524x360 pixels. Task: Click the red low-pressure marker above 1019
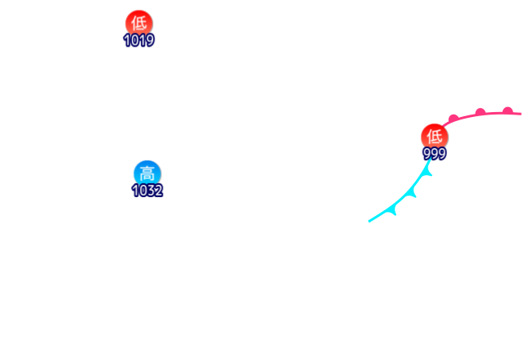point(139,22)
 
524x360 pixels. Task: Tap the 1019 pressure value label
point(139,40)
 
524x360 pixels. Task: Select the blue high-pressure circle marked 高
point(147,173)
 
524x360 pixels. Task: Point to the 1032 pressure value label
point(147,191)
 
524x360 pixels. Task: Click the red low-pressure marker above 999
point(435,136)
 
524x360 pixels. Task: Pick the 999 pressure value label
point(435,154)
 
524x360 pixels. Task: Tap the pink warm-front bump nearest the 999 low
point(453,119)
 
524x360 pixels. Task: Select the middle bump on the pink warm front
point(480,111)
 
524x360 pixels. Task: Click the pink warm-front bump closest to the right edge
point(508,110)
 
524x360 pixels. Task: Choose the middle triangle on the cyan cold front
point(412,193)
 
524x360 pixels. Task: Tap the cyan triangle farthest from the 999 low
point(392,209)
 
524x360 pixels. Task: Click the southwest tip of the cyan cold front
point(369,221)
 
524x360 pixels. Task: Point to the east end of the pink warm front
point(521,113)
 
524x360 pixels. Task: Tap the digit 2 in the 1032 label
point(158,191)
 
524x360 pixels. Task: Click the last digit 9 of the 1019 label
point(151,40)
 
